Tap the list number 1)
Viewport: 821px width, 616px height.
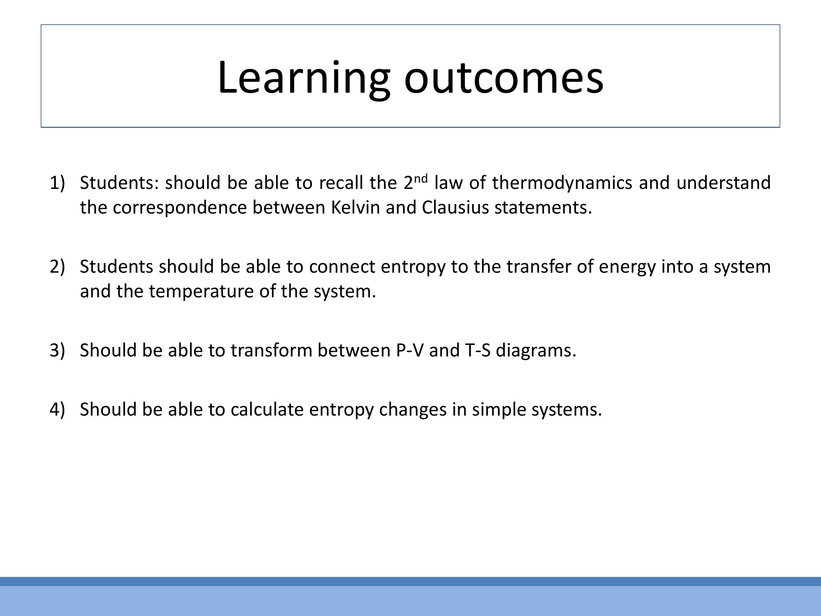tap(57, 183)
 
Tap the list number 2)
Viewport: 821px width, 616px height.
tap(57, 266)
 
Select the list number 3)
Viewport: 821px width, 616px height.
tap(57, 350)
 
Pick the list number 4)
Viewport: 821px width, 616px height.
tap(57, 409)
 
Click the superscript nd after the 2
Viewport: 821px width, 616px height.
tap(421, 179)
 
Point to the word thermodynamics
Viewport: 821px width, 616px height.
tap(562, 183)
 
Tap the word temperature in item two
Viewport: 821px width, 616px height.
tap(201, 291)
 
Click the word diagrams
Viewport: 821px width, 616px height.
tap(536, 350)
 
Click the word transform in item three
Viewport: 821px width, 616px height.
tap(271, 350)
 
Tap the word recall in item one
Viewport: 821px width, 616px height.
tap(341, 183)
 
